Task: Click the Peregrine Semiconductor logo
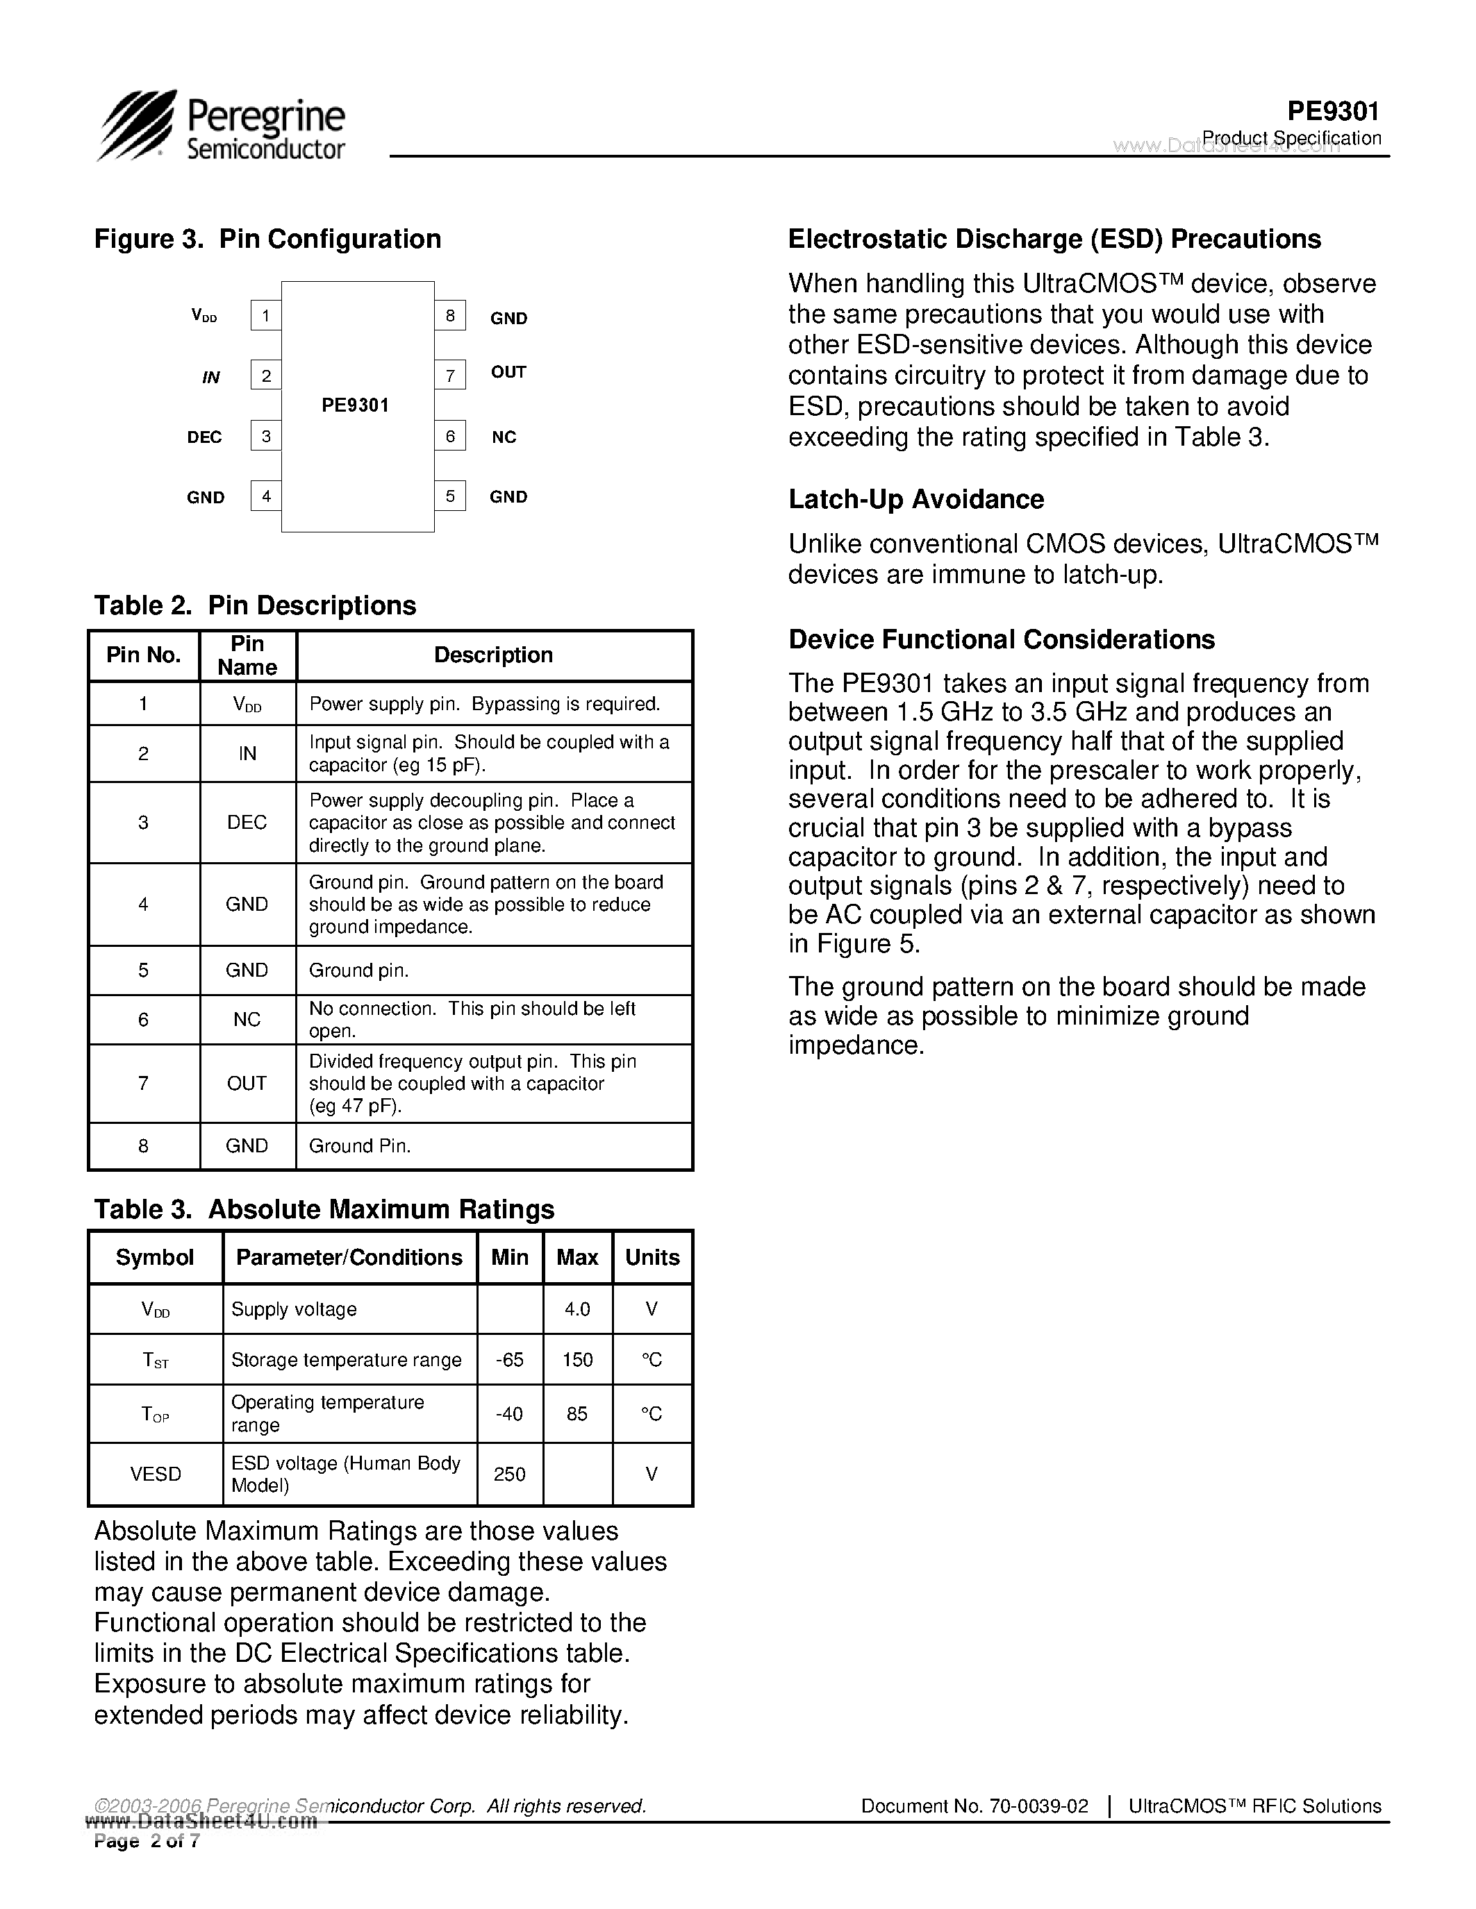[221, 127]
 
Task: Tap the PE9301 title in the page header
[1333, 112]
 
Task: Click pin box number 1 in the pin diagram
[266, 316]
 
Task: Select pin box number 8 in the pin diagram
[449, 316]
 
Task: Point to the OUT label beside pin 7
[508, 372]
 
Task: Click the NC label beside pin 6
[504, 437]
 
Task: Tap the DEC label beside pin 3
[205, 437]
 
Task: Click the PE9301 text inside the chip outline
[355, 405]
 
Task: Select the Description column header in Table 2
[493, 655]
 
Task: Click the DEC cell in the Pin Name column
[247, 823]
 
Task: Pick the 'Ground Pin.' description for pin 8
[359, 1146]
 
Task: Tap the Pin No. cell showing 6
[143, 1020]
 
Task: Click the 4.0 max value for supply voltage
[577, 1309]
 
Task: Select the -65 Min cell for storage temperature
[509, 1360]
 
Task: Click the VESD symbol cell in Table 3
[156, 1474]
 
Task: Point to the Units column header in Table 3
[652, 1258]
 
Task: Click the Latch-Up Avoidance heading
[915, 499]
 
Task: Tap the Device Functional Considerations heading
[1001, 640]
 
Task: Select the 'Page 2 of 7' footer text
[147, 1842]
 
